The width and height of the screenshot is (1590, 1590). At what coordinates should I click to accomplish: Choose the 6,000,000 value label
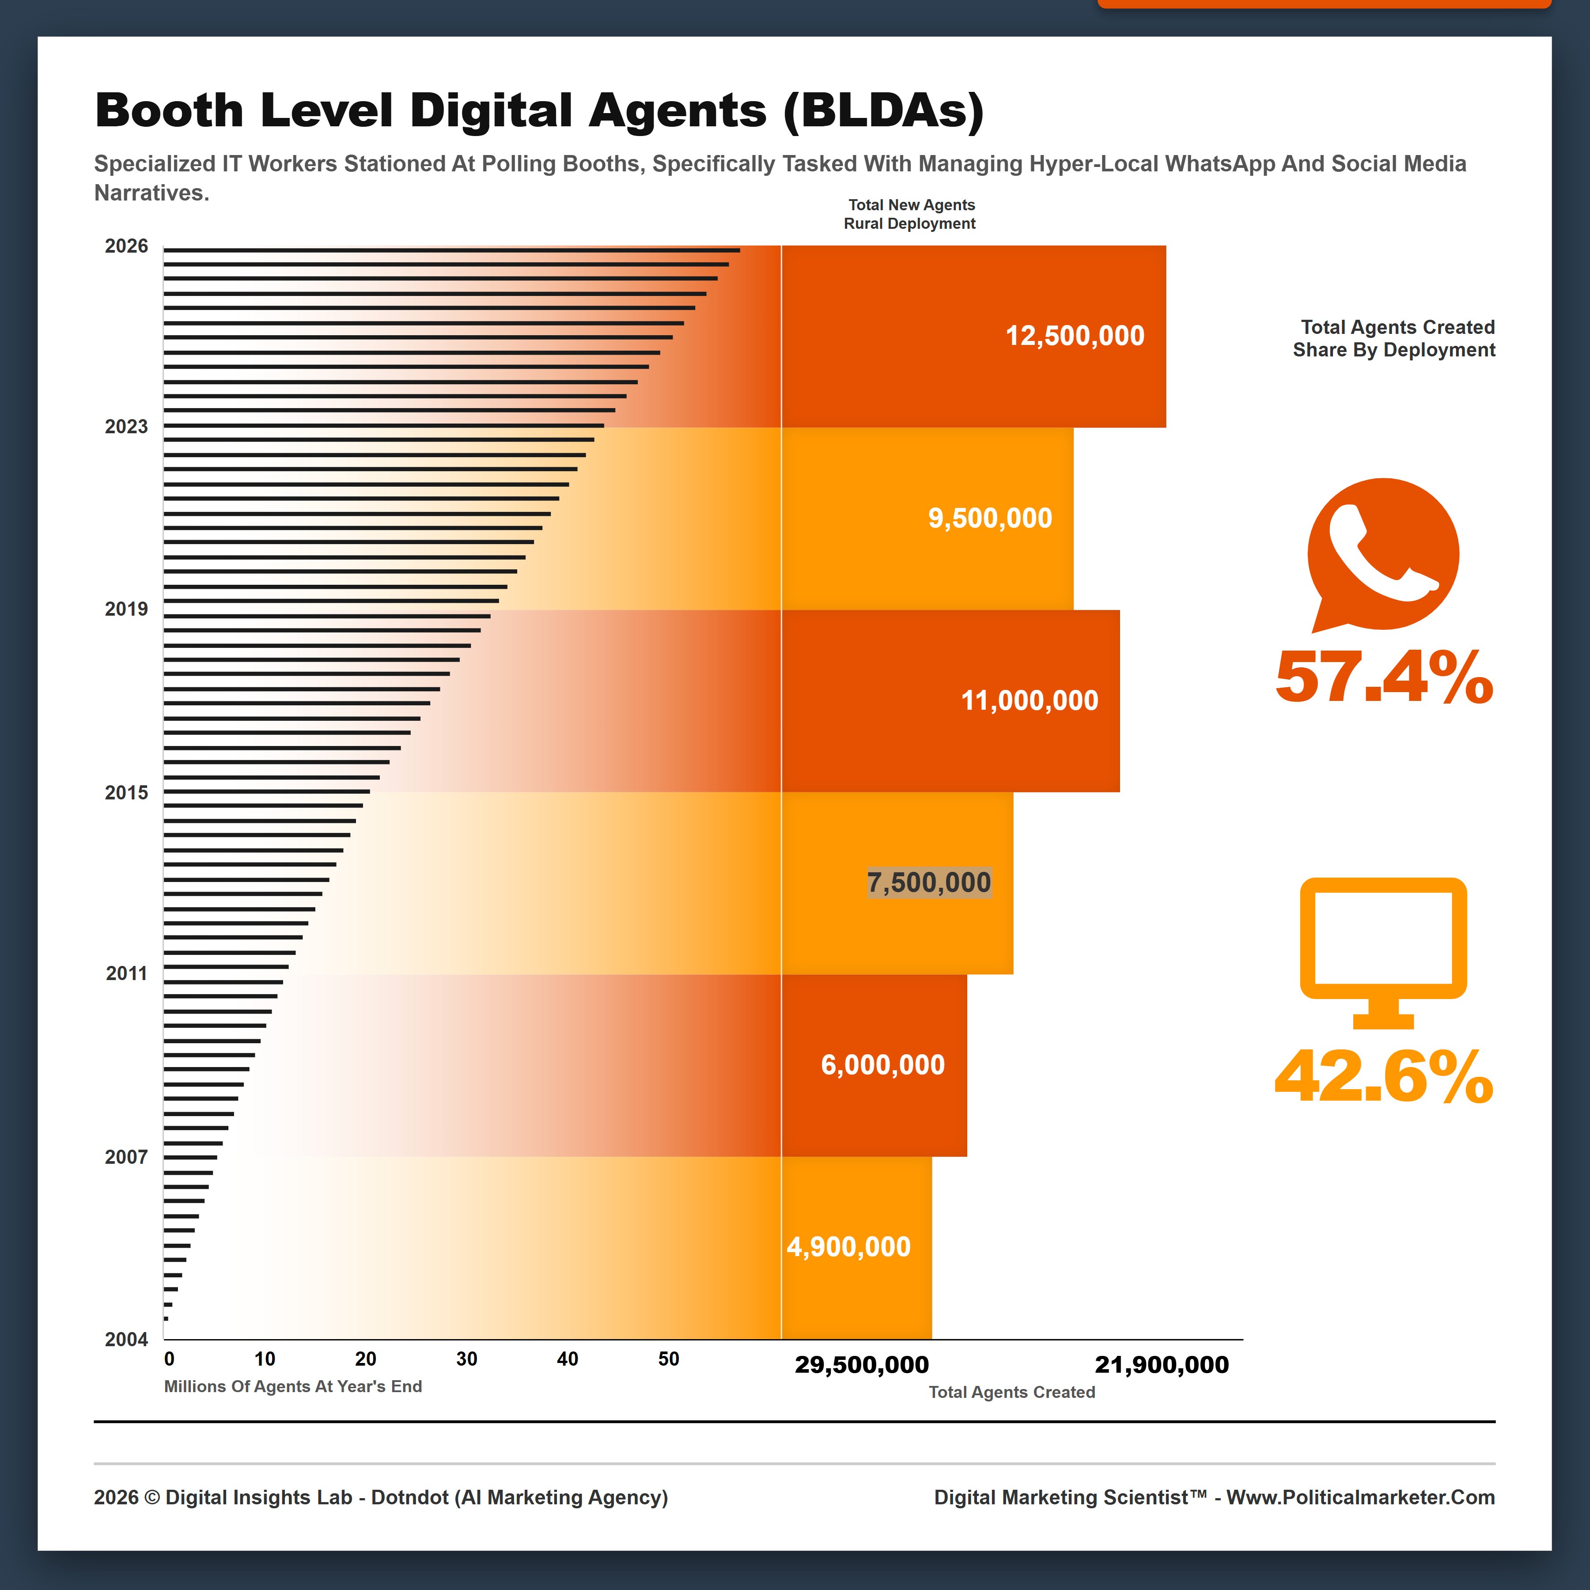click(x=882, y=1065)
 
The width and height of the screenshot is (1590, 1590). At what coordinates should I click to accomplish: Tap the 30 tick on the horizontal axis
click(x=467, y=1359)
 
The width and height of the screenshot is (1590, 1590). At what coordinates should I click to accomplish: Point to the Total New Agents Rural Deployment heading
click(x=910, y=214)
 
